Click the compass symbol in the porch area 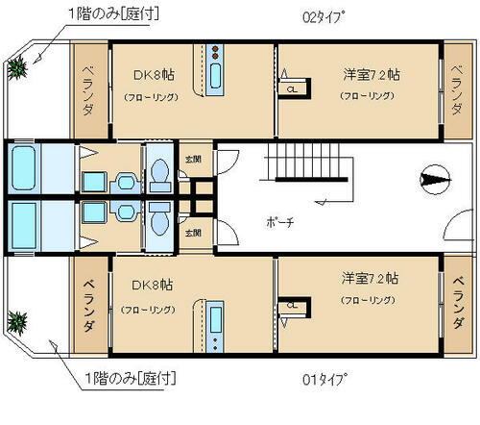(x=431, y=180)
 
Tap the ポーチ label (x=280, y=221)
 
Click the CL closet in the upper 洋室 (x=290, y=90)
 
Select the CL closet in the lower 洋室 (x=290, y=306)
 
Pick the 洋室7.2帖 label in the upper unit (x=369, y=73)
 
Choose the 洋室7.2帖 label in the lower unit (x=369, y=278)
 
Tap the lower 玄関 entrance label (x=193, y=233)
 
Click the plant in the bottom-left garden (x=18, y=318)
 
